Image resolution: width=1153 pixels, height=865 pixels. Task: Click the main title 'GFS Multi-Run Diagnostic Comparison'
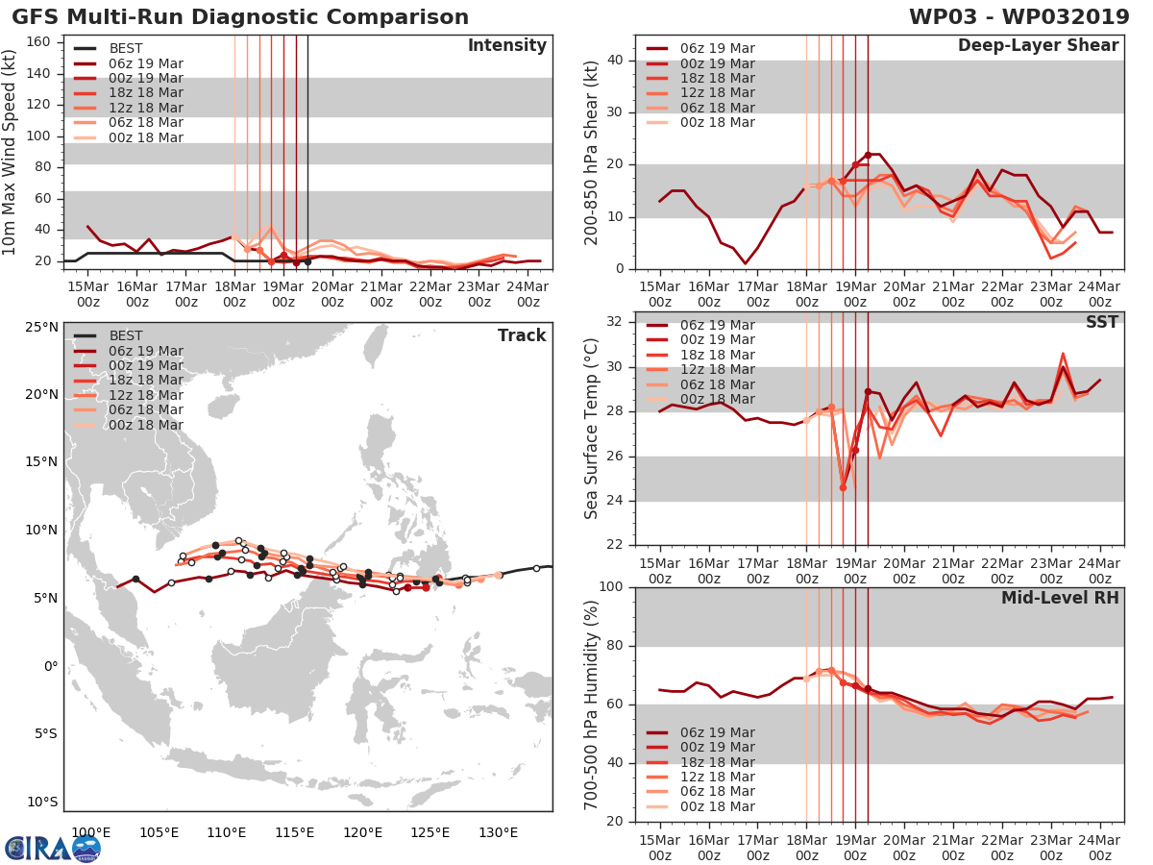coord(240,17)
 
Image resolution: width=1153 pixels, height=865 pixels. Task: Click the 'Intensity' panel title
coord(506,46)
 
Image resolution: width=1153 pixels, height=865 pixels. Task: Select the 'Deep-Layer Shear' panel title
coord(1038,46)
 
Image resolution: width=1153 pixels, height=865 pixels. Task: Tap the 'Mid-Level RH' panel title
coord(1060,598)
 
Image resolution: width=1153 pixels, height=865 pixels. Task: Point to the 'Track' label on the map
coord(522,335)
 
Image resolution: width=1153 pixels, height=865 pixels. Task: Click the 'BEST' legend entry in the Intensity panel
coord(126,48)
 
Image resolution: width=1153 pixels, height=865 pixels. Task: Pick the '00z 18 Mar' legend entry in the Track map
coord(145,425)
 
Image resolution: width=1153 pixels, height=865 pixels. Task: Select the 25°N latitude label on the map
coord(41,327)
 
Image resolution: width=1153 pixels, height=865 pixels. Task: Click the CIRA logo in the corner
coord(52,847)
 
